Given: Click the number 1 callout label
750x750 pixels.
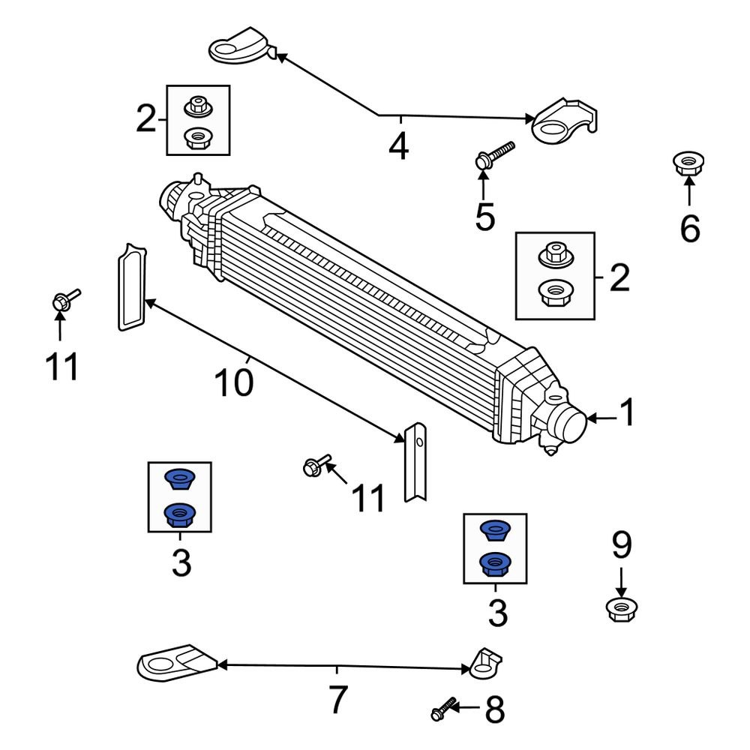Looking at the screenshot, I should pyautogui.click(x=626, y=413).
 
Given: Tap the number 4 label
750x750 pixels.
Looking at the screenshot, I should pyautogui.click(x=398, y=145).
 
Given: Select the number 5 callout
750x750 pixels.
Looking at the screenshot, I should pyautogui.click(x=485, y=217).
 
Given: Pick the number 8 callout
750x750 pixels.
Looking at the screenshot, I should pyautogui.click(x=494, y=709).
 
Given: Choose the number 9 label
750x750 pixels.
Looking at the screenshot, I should pyautogui.click(x=621, y=546).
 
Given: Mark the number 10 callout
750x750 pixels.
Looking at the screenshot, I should pyautogui.click(x=233, y=383).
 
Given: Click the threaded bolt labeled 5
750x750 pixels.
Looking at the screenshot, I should pyautogui.click(x=494, y=154).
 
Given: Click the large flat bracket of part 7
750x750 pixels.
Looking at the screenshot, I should pyautogui.click(x=175, y=663).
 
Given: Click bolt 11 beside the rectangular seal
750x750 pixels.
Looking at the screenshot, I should pyautogui.click(x=64, y=299).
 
